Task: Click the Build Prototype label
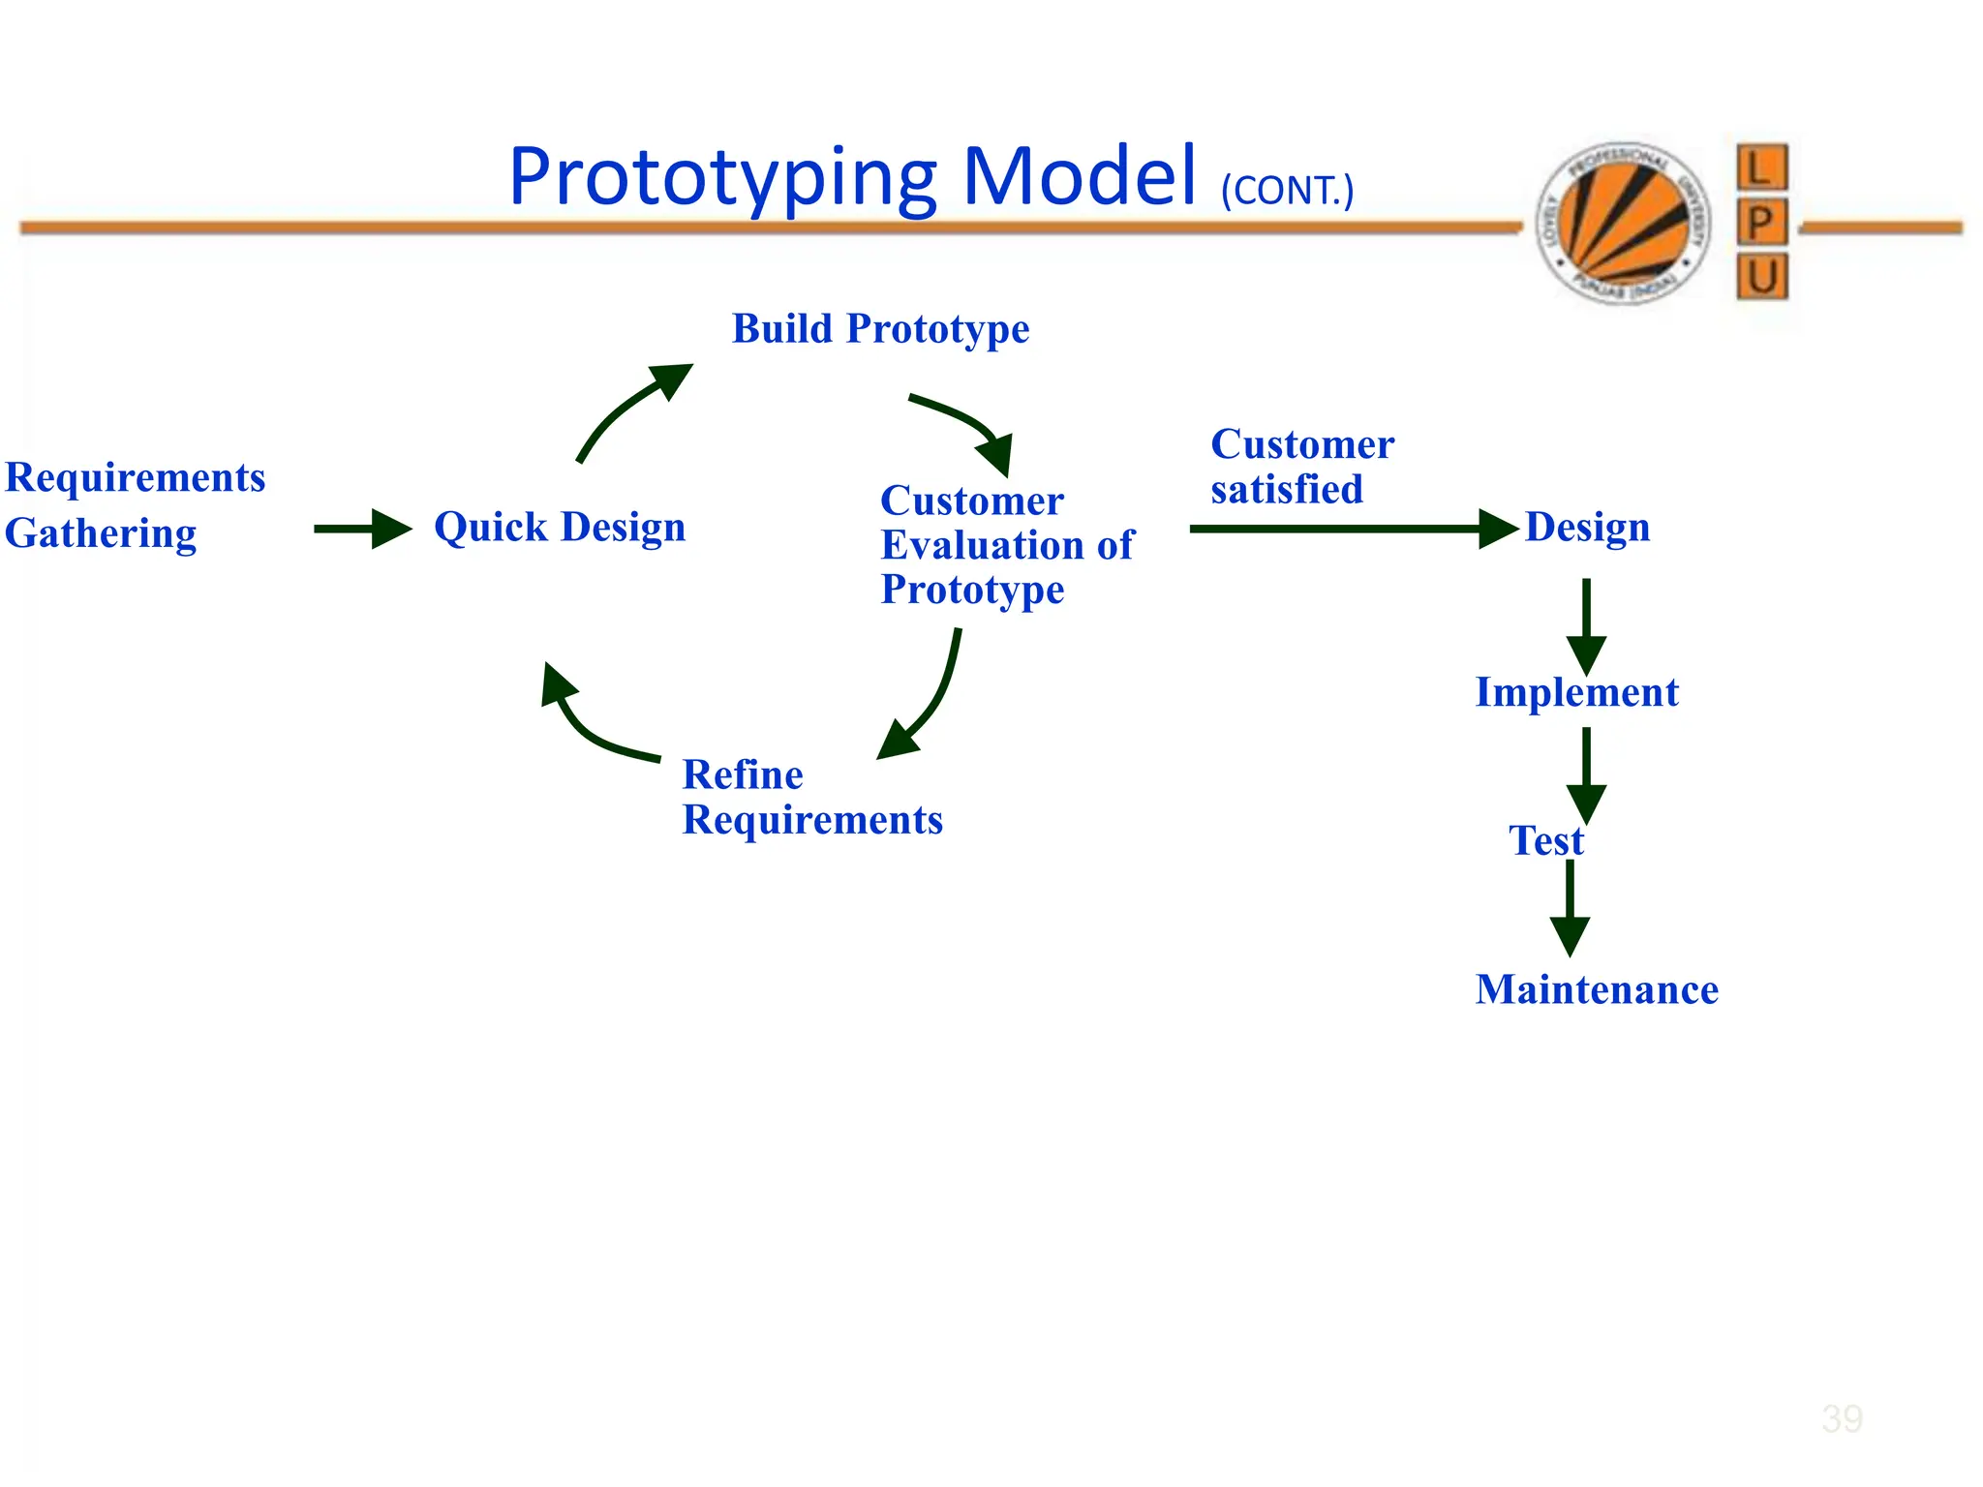tap(880, 329)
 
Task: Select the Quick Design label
tap(560, 528)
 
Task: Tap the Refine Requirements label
tap(811, 797)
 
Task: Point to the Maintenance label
tap(1597, 989)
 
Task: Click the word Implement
tap(1576, 692)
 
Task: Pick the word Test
tap(1545, 840)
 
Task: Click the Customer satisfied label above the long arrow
tap(1301, 467)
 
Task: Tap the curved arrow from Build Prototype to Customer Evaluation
tap(968, 424)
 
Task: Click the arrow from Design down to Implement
tap(1586, 624)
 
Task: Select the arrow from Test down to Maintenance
tap(1570, 906)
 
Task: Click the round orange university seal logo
tap(1624, 222)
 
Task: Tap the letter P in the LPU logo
tap(1761, 222)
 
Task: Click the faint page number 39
tap(1841, 1419)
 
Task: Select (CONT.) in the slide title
tap(1287, 191)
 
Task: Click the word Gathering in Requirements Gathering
tap(101, 533)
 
